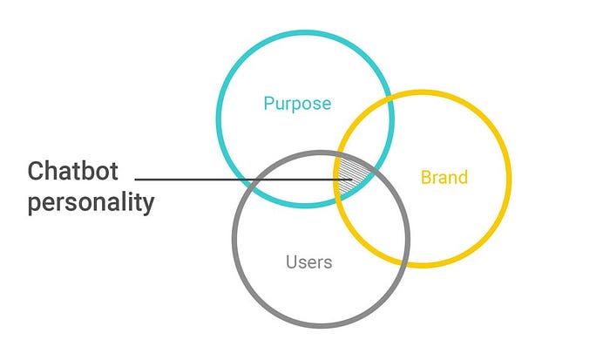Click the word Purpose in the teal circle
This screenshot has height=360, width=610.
297,104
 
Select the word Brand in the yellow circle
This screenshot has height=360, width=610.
444,178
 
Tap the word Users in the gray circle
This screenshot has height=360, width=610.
308,261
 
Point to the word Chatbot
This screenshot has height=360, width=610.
72,170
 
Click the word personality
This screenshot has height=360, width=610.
91,203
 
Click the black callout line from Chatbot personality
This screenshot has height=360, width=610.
235,180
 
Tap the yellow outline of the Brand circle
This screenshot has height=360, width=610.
508,179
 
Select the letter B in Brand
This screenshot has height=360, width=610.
426,178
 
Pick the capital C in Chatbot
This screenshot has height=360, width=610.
37,170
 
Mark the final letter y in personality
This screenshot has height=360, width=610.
148,206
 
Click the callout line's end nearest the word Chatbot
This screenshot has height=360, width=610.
137,180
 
